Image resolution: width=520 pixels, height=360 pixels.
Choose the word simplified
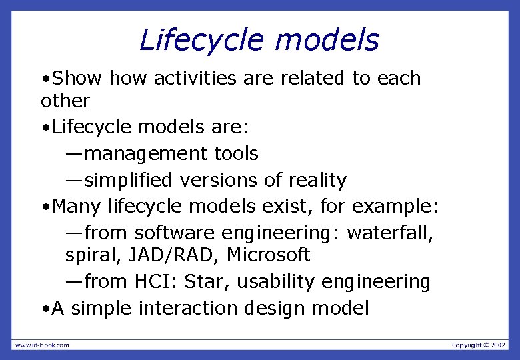pos(133,180)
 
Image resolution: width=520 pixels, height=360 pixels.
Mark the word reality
pos(317,180)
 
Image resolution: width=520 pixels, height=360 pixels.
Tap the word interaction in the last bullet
pos(191,308)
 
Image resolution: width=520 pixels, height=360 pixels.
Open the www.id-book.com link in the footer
pos(42,345)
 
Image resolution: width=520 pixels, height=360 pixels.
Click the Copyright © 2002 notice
pos(479,345)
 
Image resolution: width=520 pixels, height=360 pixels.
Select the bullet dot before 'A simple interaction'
pos(44,309)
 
